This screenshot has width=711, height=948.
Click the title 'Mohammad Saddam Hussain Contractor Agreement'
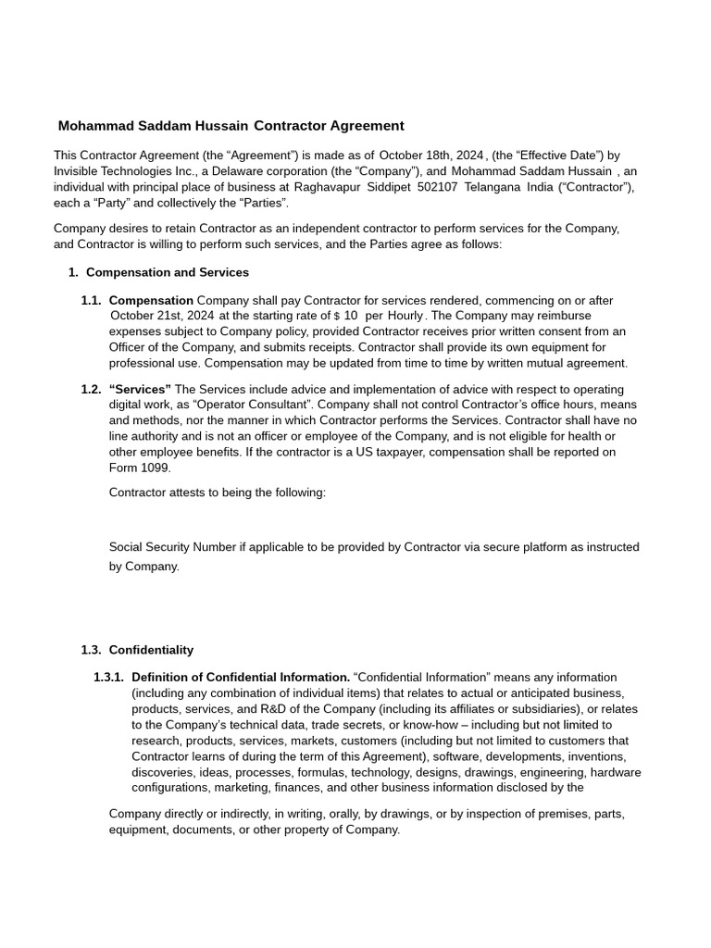pos(231,126)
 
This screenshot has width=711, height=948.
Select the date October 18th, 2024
pos(431,156)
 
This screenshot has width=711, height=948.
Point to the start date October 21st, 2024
pos(162,316)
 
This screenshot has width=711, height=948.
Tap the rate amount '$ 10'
pos(345,316)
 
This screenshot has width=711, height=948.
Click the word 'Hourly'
pos(405,316)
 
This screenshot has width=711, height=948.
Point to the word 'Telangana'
pos(493,187)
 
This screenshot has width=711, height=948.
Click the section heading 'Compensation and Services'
pos(167,273)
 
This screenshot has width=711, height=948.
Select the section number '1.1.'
pos(91,301)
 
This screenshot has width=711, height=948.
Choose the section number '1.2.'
pos(91,390)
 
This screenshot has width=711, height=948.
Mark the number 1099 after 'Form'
pos(156,468)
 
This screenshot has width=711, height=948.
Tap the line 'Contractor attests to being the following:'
pos(218,493)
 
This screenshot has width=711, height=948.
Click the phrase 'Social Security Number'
pos(172,547)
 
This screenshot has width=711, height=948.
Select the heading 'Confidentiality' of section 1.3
pos(151,650)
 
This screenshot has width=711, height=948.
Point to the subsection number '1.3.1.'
pos(108,678)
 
